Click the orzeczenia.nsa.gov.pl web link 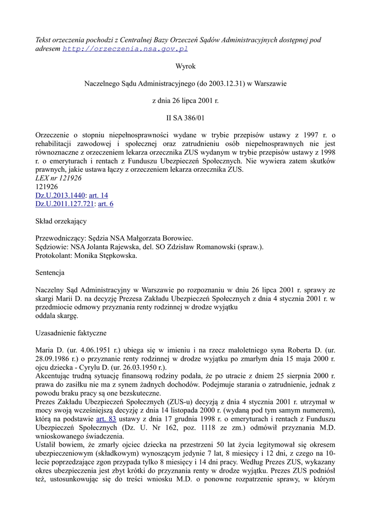125,49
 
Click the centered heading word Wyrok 186,66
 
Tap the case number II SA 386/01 186,117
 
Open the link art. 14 98,195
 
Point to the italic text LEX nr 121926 58,178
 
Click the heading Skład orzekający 60,221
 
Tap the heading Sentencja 50,273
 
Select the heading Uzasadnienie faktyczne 70,333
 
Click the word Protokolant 53,256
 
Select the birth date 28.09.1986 53,359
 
